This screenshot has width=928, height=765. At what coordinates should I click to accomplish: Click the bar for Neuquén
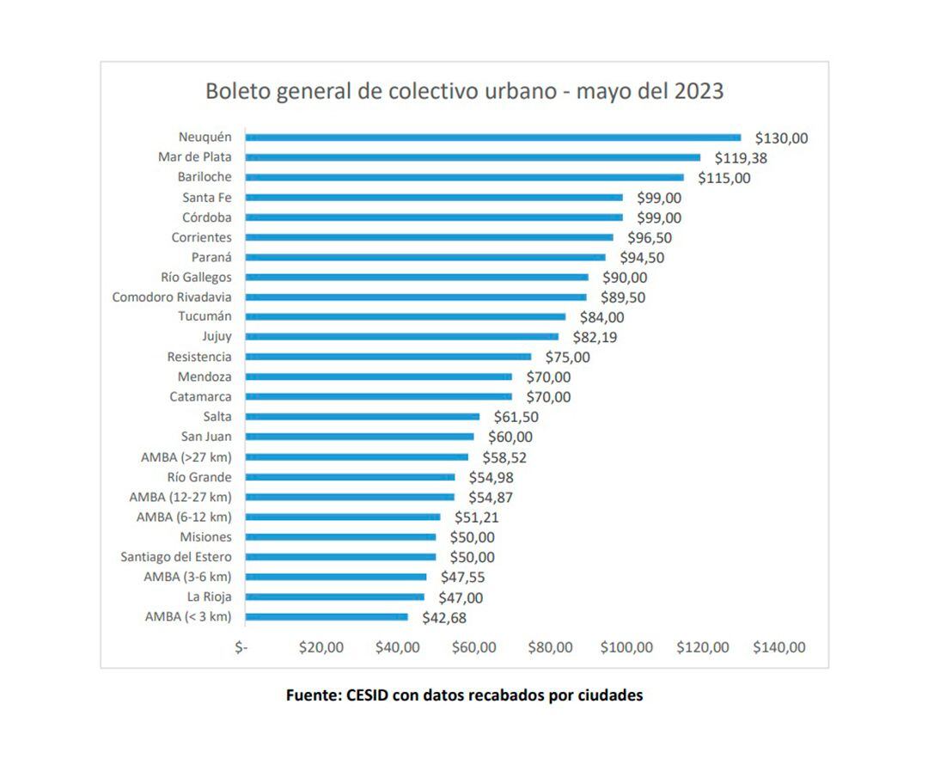[492, 138]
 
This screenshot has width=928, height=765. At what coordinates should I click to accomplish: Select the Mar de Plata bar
[473, 157]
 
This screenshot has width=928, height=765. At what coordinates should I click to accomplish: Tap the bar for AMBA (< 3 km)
[327, 616]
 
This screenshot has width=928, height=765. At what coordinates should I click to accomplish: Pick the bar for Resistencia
[388, 357]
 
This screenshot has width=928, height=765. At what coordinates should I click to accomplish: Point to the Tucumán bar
[406, 317]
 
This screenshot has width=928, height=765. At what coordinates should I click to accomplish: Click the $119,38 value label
[741, 158]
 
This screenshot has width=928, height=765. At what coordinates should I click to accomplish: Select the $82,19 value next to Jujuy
[595, 337]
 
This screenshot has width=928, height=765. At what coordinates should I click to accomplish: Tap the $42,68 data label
[444, 617]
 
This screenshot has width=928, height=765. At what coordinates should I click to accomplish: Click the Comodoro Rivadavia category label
[172, 297]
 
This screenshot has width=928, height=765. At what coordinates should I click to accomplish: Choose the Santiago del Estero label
[176, 557]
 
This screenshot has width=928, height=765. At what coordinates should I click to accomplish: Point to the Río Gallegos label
[196, 278]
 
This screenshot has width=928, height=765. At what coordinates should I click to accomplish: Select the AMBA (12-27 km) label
[180, 497]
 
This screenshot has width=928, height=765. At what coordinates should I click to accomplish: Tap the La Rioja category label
[210, 597]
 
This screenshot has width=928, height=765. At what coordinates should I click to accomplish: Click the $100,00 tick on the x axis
[626, 647]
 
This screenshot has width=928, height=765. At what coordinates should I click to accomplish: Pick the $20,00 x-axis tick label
[321, 647]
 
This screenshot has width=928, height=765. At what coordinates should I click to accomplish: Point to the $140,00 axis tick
[779, 647]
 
